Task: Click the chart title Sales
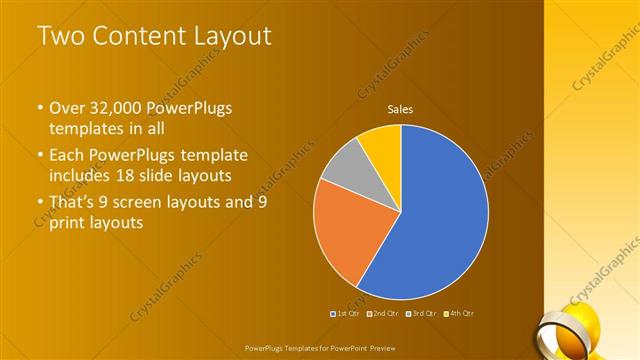400,110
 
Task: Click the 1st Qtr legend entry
345,313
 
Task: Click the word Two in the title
59,37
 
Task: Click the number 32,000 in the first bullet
116,107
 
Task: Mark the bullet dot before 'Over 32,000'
40,108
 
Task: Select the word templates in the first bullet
89,129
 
